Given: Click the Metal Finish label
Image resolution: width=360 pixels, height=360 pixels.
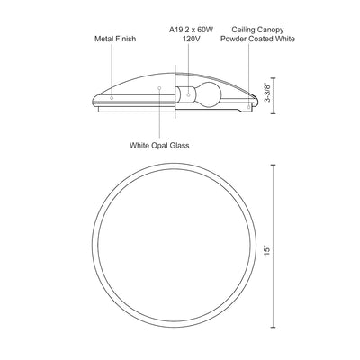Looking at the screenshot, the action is pyautogui.click(x=115, y=39).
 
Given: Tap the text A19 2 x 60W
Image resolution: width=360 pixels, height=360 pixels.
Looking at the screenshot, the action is pyautogui.click(x=191, y=30).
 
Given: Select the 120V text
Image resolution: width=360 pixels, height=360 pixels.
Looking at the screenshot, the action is pyautogui.click(x=192, y=39).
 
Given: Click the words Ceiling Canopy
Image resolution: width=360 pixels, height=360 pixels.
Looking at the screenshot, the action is pyautogui.click(x=257, y=30).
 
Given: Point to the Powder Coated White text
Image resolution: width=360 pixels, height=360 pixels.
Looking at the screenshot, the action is pyautogui.click(x=257, y=39).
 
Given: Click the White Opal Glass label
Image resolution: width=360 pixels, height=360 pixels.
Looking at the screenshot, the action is pyautogui.click(x=159, y=146).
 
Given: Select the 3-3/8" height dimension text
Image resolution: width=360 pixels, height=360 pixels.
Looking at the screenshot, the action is pyautogui.click(x=267, y=93).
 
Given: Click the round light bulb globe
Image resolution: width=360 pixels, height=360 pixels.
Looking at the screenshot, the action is pyautogui.click(x=209, y=94).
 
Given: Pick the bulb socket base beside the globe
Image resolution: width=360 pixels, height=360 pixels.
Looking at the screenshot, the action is pyautogui.click(x=185, y=94).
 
